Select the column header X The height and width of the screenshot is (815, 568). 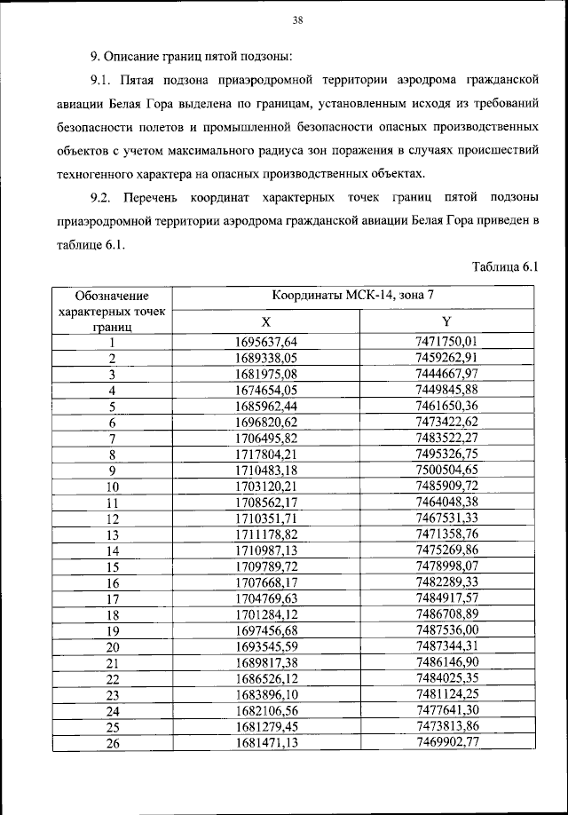click(265, 321)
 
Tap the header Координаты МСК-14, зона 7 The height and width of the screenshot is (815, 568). click(353, 296)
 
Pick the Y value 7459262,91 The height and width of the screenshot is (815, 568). click(446, 358)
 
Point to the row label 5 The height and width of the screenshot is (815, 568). click(113, 407)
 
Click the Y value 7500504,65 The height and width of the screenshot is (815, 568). click(446, 471)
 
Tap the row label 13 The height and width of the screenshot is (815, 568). click(113, 535)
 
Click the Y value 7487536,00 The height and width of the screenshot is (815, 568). click(446, 630)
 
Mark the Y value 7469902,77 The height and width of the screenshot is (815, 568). click(446, 743)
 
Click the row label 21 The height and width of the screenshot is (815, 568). click(113, 663)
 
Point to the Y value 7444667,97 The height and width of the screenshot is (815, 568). click(446, 374)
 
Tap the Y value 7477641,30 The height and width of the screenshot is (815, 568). click(446, 711)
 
